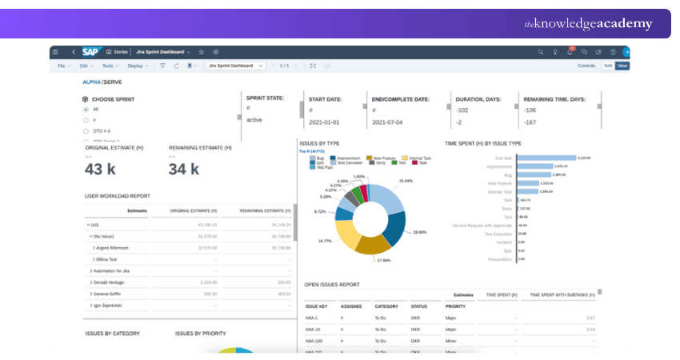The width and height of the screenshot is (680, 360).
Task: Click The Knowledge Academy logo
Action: (588, 24)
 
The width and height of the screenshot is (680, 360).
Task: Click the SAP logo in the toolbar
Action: (90, 52)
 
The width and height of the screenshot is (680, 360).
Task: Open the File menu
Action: (62, 66)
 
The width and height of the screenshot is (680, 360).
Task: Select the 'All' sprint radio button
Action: (86, 109)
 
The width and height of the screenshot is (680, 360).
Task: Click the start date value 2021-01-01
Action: (325, 123)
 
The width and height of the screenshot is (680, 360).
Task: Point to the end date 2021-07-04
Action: (388, 123)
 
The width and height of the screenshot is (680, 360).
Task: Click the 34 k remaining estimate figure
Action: (183, 169)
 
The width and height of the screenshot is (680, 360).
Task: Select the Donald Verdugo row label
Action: (111, 282)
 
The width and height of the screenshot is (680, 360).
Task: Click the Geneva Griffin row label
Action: (110, 294)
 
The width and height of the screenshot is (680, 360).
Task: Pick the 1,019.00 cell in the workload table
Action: (206, 282)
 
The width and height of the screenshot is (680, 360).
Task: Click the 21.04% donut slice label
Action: (406, 181)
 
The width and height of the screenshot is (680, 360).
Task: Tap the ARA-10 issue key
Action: (313, 329)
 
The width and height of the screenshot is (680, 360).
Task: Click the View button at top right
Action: (622, 66)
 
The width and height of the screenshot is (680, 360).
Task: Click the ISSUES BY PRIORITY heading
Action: (200, 333)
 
